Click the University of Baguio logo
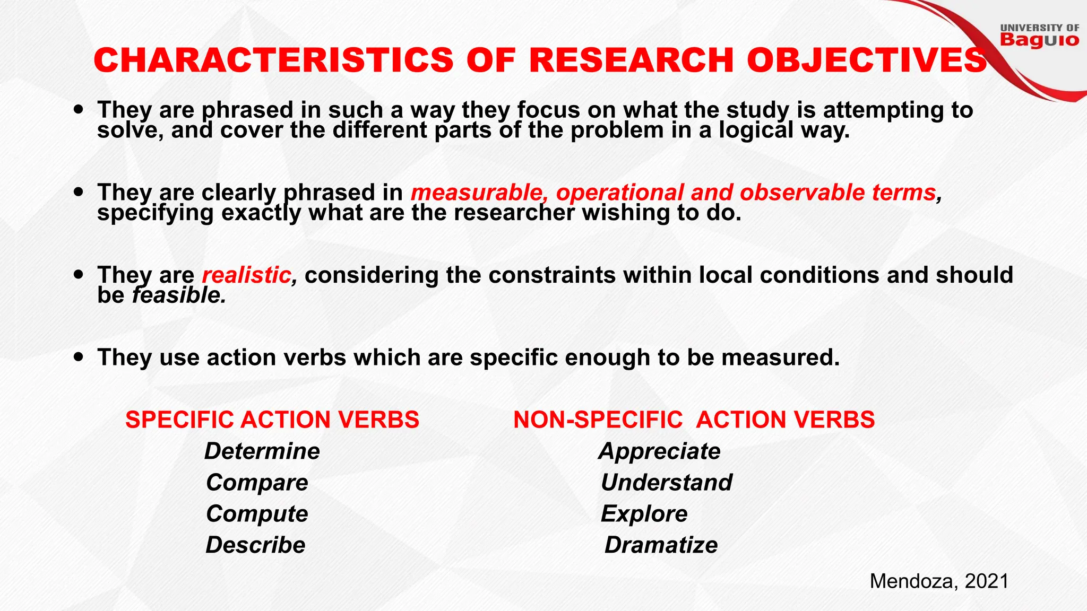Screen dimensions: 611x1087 point(1039,36)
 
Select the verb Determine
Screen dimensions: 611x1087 point(262,451)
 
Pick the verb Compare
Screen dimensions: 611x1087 point(257,483)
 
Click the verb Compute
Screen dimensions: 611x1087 point(257,514)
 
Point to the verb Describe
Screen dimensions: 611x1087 point(255,545)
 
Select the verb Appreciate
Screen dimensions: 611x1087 point(659,451)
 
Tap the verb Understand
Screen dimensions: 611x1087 point(666,483)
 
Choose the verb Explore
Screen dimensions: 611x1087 point(644,514)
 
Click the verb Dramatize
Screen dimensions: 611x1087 point(661,545)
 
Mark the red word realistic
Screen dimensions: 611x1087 point(247,275)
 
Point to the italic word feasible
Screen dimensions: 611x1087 point(179,295)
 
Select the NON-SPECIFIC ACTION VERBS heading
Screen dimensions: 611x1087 point(694,420)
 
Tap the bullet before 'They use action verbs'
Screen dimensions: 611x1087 point(79,357)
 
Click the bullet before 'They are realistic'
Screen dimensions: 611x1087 point(79,275)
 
